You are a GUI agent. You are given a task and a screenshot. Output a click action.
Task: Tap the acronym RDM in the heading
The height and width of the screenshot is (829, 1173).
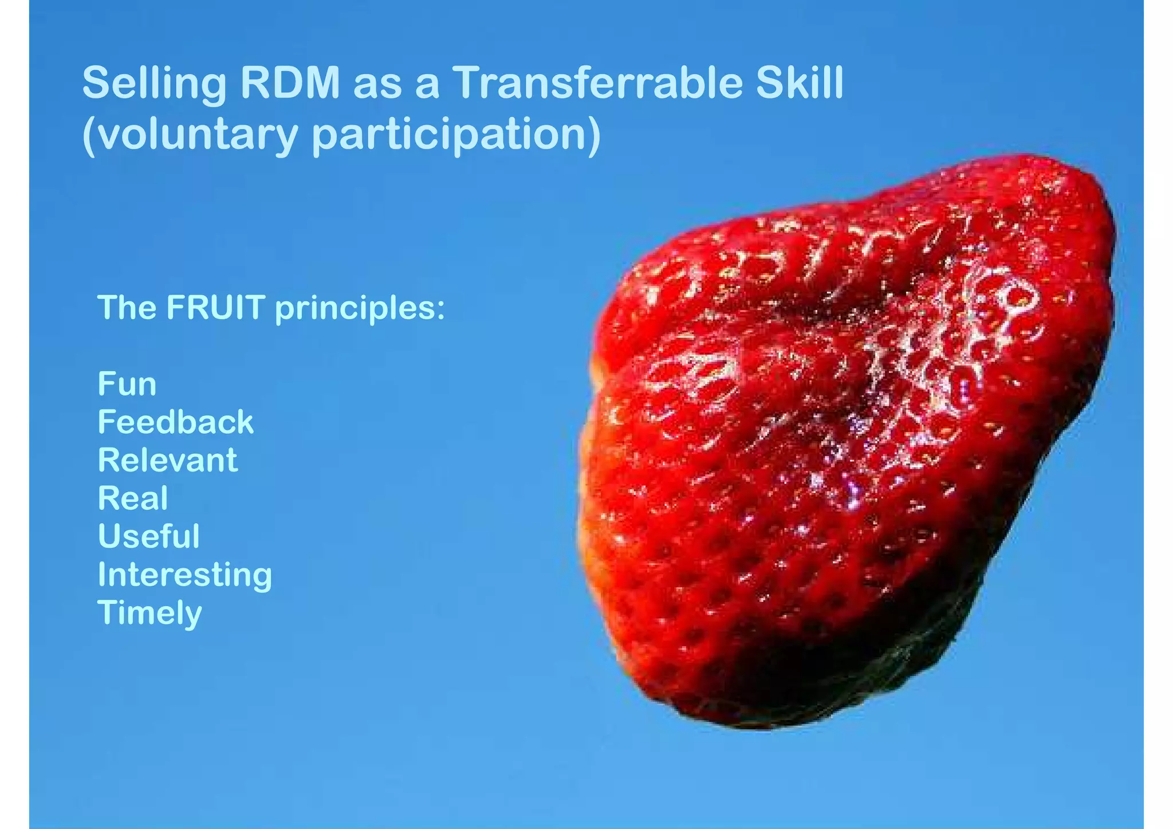coord(290,84)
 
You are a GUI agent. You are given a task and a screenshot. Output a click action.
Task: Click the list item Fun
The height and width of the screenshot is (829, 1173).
coord(127,384)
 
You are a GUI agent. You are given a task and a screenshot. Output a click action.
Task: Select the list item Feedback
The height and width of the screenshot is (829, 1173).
coord(175,422)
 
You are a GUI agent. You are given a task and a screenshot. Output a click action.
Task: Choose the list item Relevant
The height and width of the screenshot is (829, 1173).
coord(167,460)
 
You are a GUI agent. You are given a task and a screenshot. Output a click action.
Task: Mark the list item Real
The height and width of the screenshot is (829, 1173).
coord(133,498)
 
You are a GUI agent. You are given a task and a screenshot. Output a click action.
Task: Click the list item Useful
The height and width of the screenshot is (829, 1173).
coord(149,536)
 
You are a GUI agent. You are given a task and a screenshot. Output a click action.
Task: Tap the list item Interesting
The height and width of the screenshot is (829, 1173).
coord(184,575)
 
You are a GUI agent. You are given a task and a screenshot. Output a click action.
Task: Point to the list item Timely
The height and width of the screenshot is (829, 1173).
coord(149,613)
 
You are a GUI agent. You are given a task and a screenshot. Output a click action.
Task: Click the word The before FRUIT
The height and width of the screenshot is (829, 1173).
coord(127,308)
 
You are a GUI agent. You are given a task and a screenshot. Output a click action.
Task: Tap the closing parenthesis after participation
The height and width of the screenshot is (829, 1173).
coord(594,135)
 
